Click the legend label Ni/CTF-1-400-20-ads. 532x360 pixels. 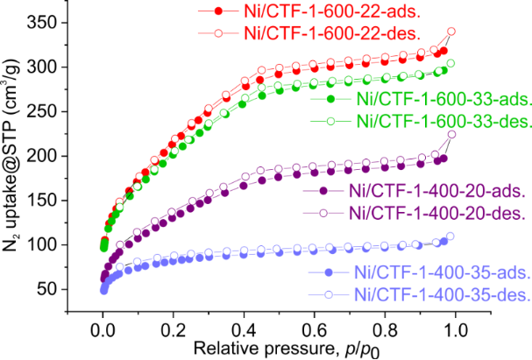pyautogui.click(x=412, y=191)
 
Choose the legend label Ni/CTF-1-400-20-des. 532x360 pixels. pyautogui.click(x=412, y=211)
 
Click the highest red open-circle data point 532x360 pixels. pyautogui.click(x=451, y=32)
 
